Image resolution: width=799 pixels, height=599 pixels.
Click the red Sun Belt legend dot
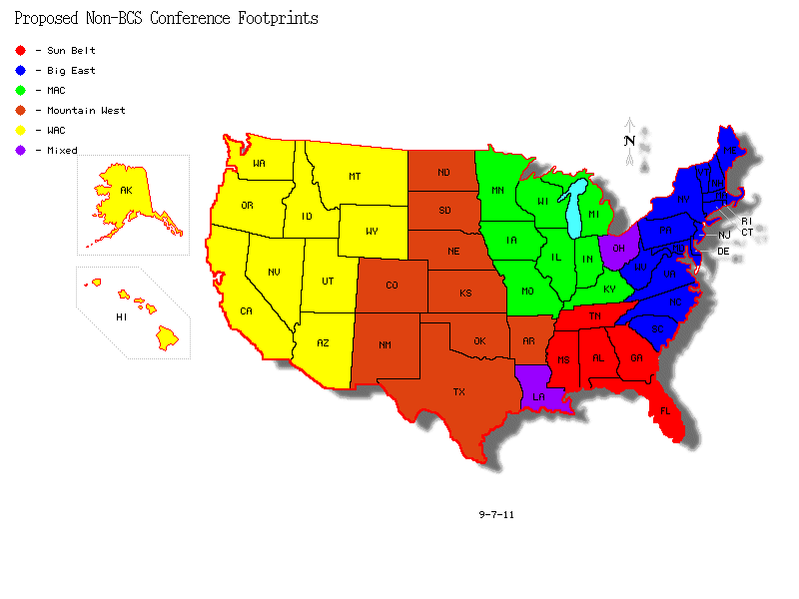[x=21, y=50]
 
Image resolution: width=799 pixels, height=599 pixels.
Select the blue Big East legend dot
[x=21, y=70]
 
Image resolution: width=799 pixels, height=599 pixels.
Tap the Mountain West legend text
[x=86, y=111]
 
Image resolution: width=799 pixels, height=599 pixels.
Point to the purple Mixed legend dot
[x=21, y=150]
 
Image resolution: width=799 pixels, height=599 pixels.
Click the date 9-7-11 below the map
[x=496, y=515]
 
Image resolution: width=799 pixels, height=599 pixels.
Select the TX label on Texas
[x=459, y=392]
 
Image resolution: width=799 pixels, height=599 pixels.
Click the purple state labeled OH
[x=618, y=249]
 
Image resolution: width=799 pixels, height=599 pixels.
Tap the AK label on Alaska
[x=126, y=190]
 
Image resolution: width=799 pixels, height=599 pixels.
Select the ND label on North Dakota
[x=443, y=173]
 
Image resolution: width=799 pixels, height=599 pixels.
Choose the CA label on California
[x=246, y=311]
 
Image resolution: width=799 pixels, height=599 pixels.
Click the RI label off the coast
[x=746, y=221]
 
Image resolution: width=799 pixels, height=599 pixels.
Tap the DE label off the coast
[x=723, y=251]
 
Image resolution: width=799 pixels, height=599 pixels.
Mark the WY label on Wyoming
[x=372, y=232]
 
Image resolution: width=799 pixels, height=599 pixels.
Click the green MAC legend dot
[x=21, y=90]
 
